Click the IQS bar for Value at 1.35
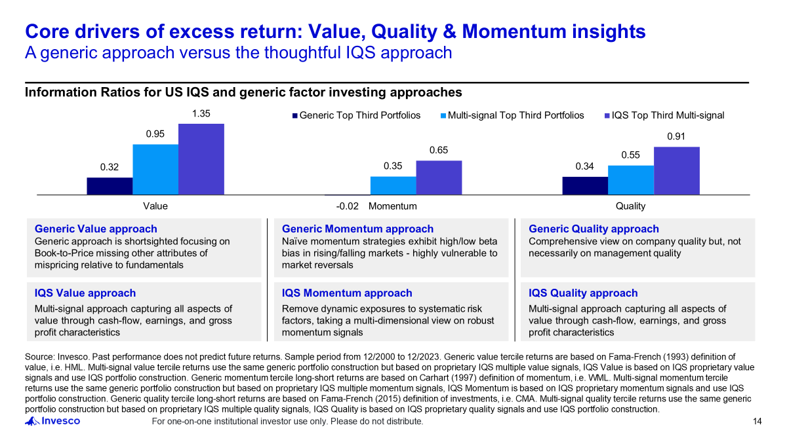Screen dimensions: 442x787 pos(201,159)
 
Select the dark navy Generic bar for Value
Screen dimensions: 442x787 pos(110,186)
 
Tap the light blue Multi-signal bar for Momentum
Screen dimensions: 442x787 pos(393,185)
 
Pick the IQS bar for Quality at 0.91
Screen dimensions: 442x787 pos(676,171)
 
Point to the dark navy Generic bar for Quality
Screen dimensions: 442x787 pos(585,185)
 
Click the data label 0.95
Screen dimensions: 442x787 pos(155,134)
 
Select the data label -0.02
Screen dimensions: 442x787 pos(347,206)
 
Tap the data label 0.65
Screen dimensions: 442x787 pos(439,150)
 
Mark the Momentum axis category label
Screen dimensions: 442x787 pos(393,206)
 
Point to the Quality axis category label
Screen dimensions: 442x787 pos(630,206)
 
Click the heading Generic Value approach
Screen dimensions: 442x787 pos(96,229)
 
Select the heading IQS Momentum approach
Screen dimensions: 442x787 pos(347,293)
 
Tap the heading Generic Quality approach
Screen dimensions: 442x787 pos(594,229)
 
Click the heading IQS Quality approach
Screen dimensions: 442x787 pos(583,293)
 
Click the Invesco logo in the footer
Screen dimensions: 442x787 pos(52,421)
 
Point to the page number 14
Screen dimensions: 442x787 pos(757,422)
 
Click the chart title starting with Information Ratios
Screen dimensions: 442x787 pos(243,92)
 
